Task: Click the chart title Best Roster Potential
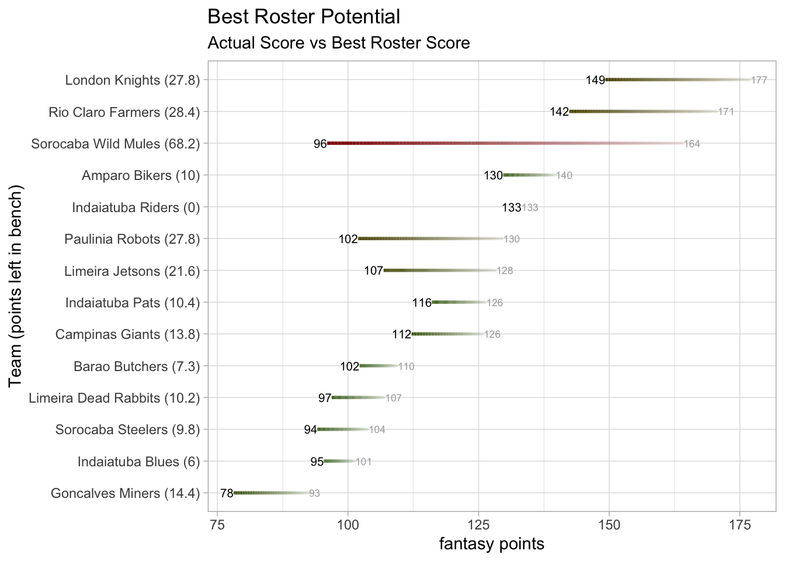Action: (304, 17)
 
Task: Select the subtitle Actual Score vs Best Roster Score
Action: (339, 43)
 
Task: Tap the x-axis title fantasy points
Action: (491, 544)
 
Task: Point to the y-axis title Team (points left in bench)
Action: (16, 286)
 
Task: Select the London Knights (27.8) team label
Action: (133, 80)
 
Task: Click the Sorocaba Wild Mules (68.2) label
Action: (116, 144)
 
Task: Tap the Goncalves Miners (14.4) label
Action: (125, 494)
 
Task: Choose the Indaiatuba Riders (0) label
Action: (136, 207)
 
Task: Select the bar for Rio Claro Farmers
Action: (643, 111)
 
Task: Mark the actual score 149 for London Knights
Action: (595, 80)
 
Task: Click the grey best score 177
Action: (759, 80)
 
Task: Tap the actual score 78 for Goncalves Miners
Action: (227, 494)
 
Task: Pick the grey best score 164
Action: (692, 144)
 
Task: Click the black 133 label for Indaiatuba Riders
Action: (511, 207)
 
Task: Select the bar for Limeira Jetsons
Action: (440, 271)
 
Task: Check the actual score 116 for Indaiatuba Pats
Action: (422, 303)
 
